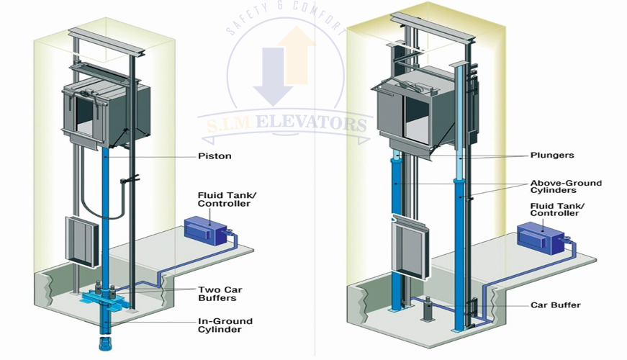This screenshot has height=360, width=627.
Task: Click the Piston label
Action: pyautogui.click(x=215, y=156)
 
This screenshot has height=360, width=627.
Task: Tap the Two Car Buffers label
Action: pyautogui.click(x=217, y=294)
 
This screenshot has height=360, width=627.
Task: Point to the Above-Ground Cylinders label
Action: pyautogui.click(x=566, y=187)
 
